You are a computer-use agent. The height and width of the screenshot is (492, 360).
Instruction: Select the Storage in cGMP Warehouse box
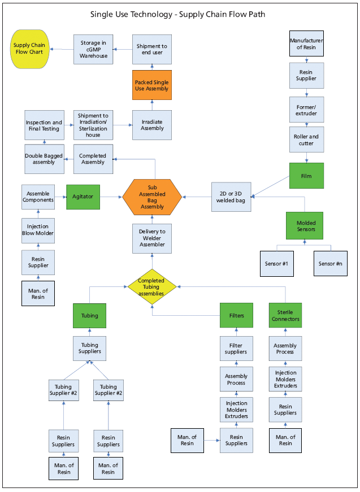point(93,49)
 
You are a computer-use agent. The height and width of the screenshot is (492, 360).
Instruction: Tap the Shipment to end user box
point(151,49)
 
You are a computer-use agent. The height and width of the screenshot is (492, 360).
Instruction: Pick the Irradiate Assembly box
point(151,125)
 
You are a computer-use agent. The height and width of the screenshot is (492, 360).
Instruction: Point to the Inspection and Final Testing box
point(44,125)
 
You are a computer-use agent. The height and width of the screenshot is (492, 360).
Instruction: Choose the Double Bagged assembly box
point(44,159)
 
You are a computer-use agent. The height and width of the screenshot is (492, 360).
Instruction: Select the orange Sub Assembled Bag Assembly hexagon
point(152,197)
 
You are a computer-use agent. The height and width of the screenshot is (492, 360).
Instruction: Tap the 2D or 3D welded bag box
point(231,197)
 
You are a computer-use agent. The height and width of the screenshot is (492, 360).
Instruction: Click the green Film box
point(306,176)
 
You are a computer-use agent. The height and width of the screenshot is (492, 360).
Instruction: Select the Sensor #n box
point(331,263)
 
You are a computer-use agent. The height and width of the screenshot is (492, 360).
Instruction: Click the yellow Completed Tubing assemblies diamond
point(151,287)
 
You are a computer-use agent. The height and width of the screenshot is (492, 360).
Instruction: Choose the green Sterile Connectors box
point(285,315)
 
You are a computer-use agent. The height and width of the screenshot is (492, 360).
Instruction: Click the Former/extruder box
point(306,110)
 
